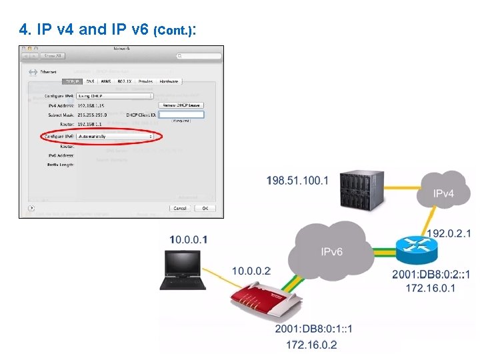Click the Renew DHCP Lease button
click(x=181, y=105)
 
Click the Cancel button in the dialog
click(x=180, y=208)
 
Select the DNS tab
click(x=90, y=81)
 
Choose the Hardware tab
click(x=168, y=81)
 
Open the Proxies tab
click(x=145, y=81)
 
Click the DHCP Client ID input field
click(x=181, y=114)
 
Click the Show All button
click(x=53, y=56)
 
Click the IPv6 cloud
click(x=331, y=251)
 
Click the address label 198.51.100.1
click(x=297, y=181)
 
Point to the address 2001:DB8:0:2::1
click(x=431, y=275)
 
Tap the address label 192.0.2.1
click(x=448, y=233)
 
